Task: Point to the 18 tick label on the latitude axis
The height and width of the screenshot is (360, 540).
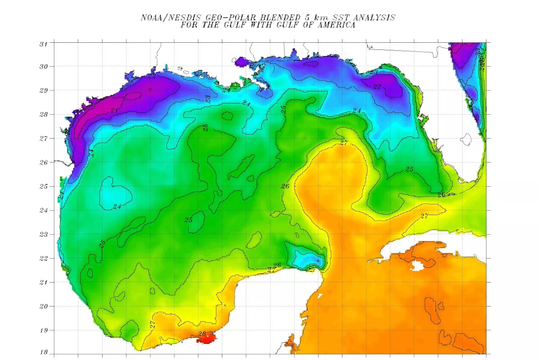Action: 44,353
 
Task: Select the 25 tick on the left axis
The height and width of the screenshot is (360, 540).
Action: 44,186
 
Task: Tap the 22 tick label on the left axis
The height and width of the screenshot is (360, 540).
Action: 44,258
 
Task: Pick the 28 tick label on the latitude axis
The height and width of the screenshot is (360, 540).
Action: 44,114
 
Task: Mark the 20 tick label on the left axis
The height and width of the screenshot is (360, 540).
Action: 44,306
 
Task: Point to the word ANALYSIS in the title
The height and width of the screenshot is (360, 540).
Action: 374,18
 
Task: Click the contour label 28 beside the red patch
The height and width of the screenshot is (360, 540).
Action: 202,333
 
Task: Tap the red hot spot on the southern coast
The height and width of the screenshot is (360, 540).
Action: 207,339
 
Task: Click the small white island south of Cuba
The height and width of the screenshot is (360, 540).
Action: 418,265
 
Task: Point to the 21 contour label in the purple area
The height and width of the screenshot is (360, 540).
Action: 114,110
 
